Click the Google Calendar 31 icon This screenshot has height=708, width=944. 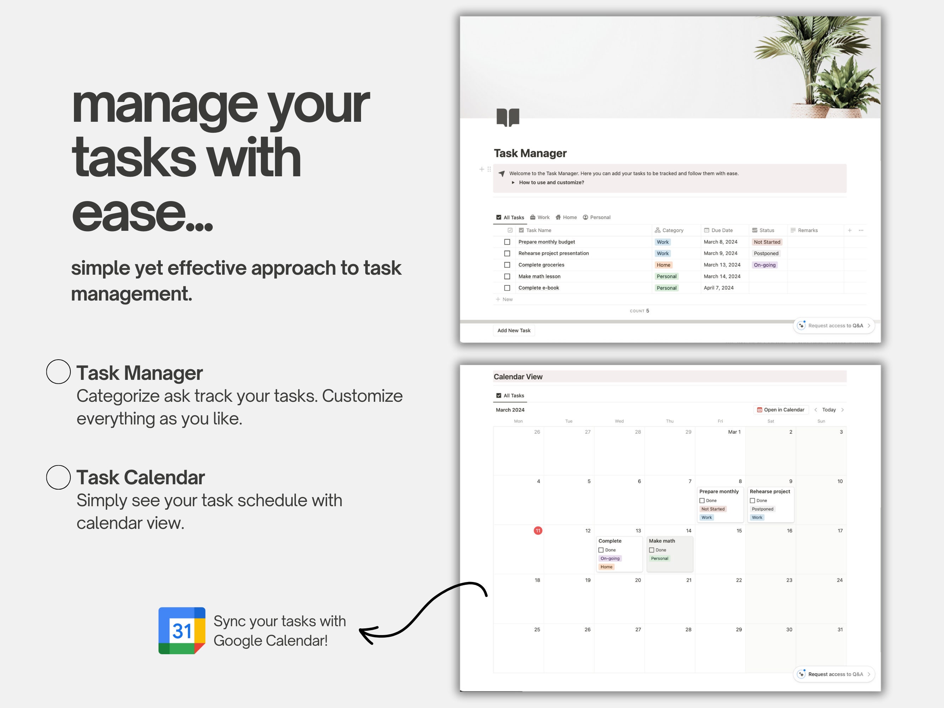182,630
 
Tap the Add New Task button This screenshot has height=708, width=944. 514,330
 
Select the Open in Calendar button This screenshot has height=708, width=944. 780,410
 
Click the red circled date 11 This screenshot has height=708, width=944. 538,530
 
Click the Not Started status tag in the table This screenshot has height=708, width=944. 767,242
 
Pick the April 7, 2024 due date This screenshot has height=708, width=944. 719,288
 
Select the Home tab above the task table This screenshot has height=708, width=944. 566,217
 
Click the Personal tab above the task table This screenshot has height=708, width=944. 597,217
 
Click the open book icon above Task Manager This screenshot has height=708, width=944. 508,118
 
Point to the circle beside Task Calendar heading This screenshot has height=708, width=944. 58,477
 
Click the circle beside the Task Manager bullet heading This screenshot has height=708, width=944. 58,372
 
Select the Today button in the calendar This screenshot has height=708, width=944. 829,410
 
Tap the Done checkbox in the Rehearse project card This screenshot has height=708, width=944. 753,501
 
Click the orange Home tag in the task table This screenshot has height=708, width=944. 664,265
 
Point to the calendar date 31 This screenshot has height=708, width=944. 840,629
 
